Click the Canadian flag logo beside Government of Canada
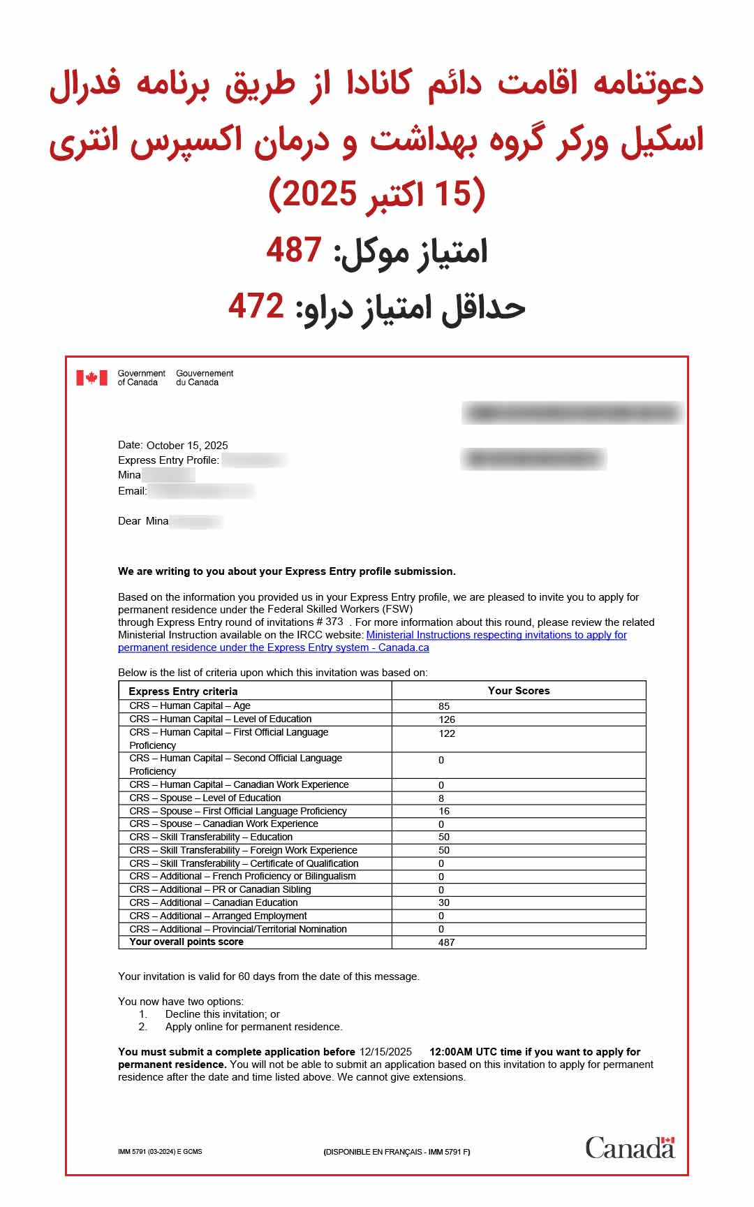point(91,378)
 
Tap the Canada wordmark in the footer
point(630,1148)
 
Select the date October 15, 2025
point(187,445)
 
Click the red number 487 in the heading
point(294,250)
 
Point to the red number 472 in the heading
point(256,306)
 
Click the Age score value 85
point(444,706)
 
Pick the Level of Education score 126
point(447,719)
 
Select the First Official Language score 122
point(447,733)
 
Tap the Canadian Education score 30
point(444,902)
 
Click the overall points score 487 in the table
point(447,942)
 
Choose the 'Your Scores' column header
point(519,691)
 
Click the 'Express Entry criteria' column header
point(183,692)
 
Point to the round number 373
point(334,622)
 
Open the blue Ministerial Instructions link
point(496,635)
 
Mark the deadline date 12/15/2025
point(385,1052)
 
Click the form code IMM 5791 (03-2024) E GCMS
point(160,1152)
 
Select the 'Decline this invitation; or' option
point(222,1014)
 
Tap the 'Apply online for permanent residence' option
point(253,1027)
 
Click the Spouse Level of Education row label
point(205,798)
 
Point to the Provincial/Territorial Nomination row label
point(238,929)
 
